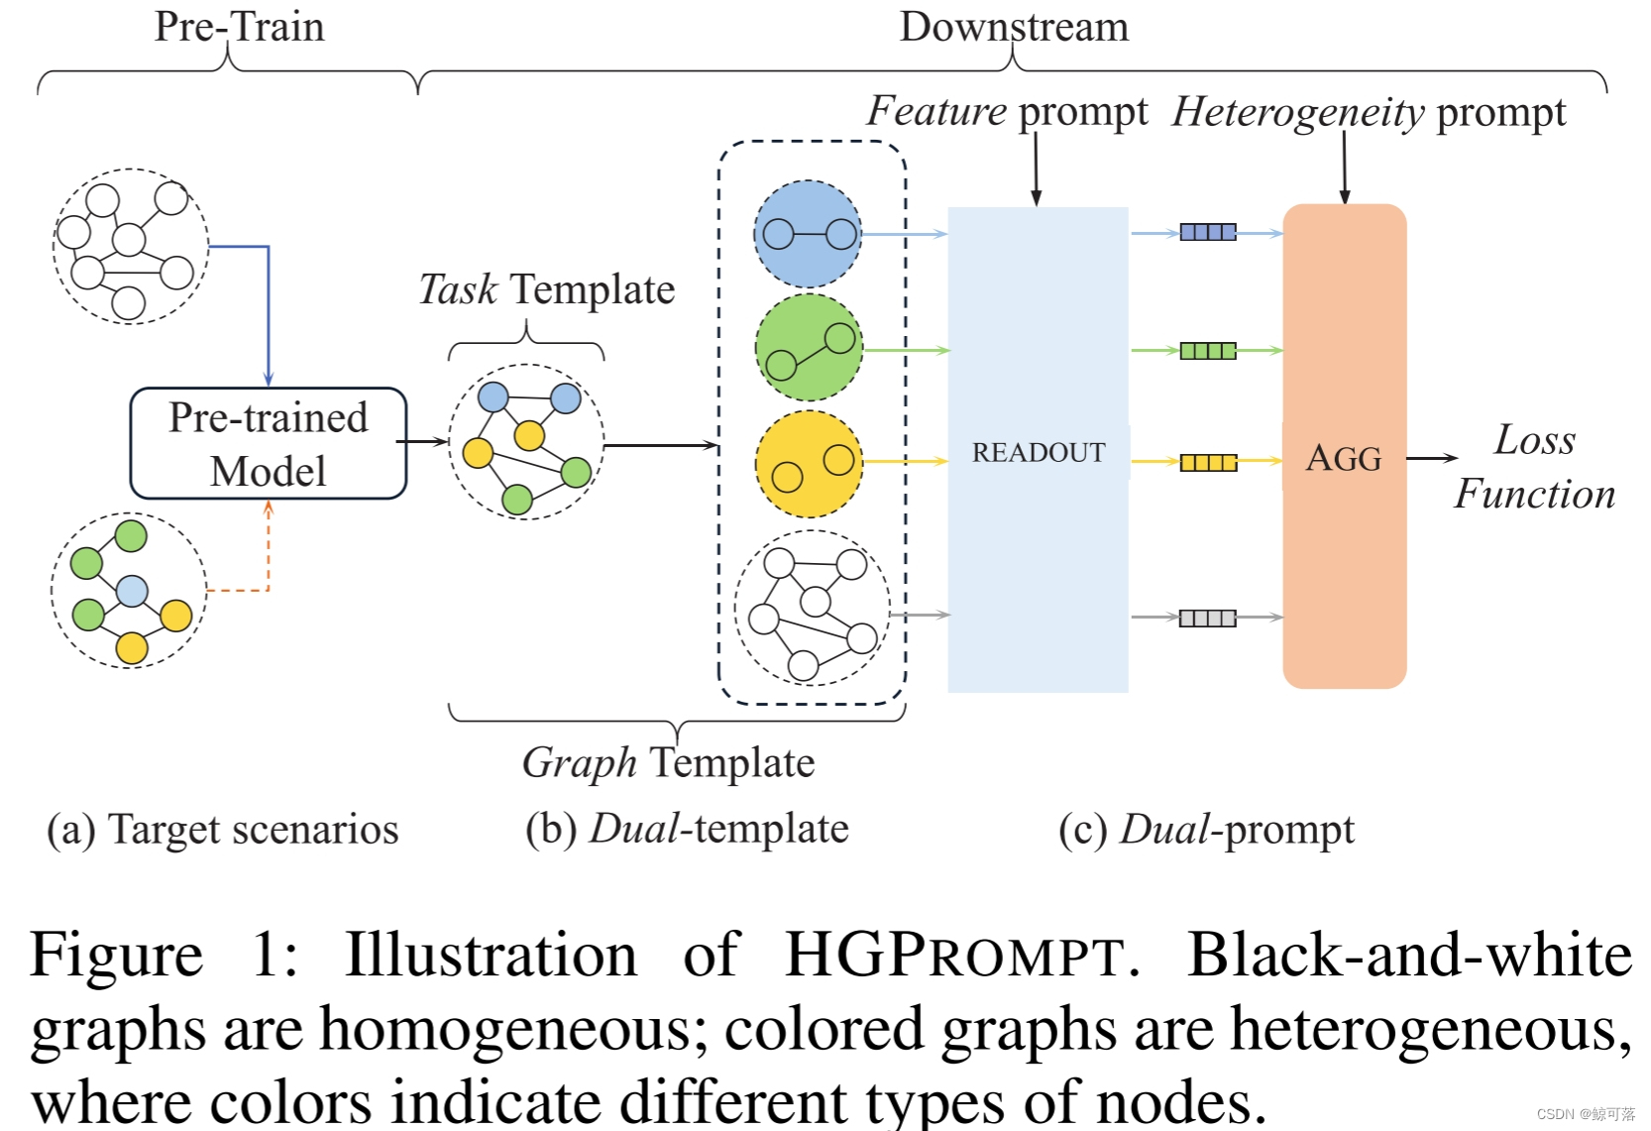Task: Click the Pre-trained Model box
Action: tap(268, 443)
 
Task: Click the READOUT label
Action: tap(1038, 452)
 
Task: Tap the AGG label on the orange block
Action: tap(1343, 458)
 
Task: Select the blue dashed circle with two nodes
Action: tap(808, 234)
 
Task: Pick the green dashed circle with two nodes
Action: tap(809, 348)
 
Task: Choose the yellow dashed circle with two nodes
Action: tap(809, 464)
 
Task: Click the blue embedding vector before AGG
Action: tap(1207, 233)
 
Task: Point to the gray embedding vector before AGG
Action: tap(1207, 619)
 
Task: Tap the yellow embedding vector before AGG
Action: tap(1207, 463)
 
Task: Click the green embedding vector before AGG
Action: tap(1207, 351)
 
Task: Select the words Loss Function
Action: tap(1533, 467)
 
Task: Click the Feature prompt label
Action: tap(1007, 111)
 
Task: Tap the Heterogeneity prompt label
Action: tap(1368, 112)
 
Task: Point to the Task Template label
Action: tap(546, 289)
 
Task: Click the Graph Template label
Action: tap(668, 763)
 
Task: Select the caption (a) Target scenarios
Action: tap(223, 830)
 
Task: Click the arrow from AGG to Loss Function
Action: tap(1431, 458)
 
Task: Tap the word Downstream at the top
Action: tap(1013, 27)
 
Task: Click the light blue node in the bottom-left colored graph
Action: tap(132, 592)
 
